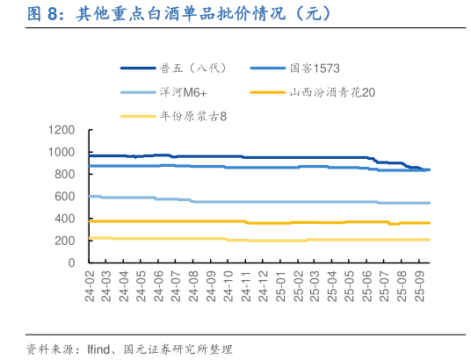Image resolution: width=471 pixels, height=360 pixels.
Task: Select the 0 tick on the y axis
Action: (72, 263)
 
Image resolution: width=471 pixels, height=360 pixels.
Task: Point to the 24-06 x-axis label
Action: (160, 285)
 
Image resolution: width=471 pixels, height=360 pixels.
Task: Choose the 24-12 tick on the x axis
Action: (263, 285)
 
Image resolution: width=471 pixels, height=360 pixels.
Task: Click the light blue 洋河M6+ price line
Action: (264, 202)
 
